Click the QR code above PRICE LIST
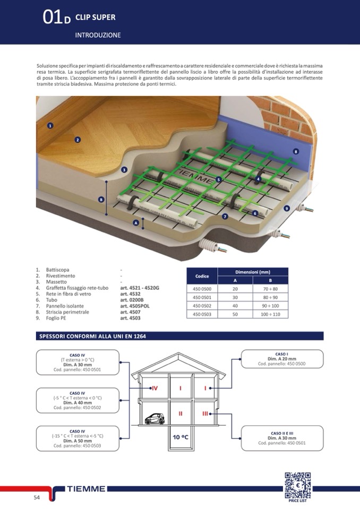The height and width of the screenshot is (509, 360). click(x=297, y=485)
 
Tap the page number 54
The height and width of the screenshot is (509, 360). click(x=37, y=497)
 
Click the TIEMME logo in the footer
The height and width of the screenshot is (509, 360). click(x=87, y=489)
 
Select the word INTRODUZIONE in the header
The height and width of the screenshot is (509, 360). click(x=98, y=35)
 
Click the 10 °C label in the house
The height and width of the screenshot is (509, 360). click(x=181, y=437)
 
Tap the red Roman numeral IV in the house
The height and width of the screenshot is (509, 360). click(x=155, y=389)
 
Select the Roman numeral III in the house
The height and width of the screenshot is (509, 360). click(x=205, y=413)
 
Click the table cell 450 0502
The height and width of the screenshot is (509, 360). click(x=202, y=306)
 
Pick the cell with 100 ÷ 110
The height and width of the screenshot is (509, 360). click(x=270, y=314)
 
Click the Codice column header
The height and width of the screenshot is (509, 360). click(x=202, y=276)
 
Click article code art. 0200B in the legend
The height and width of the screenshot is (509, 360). click(x=132, y=300)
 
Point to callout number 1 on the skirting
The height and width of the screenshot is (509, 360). click(x=50, y=126)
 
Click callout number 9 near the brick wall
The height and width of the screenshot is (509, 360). click(x=287, y=208)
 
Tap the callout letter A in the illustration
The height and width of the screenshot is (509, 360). click(x=135, y=223)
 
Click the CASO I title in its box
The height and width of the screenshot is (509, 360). click(x=281, y=353)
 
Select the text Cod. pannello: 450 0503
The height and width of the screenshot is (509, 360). click(x=77, y=446)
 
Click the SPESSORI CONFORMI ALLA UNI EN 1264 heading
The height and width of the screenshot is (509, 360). click(x=93, y=336)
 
